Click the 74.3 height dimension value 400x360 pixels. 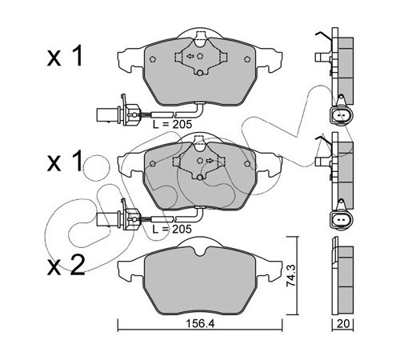point(290,275)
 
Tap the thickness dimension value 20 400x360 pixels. point(343,323)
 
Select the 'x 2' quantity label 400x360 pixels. point(66,265)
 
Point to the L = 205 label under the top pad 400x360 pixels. point(172,124)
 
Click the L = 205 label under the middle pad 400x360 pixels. point(172,229)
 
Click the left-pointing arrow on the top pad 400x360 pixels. point(190,56)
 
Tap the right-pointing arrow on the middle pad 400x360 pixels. point(210,161)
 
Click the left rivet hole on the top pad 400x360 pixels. point(153,59)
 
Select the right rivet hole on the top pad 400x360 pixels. point(247,59)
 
